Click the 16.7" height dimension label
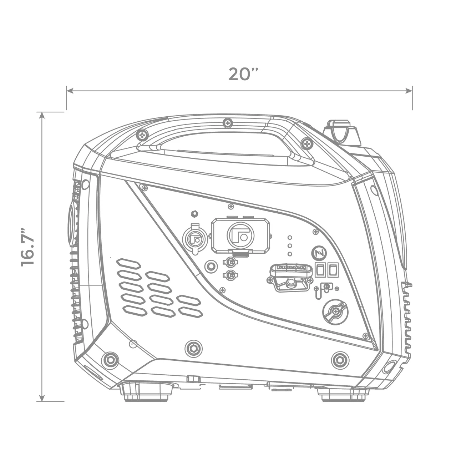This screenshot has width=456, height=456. tap(28, 246)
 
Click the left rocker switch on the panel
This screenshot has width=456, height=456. tap(320, 270)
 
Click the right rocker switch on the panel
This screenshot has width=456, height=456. tap(333, 270)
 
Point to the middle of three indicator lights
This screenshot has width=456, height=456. tap(290, 245)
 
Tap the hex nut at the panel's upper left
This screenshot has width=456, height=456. tap(195, 214)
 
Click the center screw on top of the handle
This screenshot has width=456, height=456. tap(227, 123)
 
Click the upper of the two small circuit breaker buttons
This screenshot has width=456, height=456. tap(230, 263)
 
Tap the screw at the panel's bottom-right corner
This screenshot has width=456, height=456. tap(365, 335)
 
